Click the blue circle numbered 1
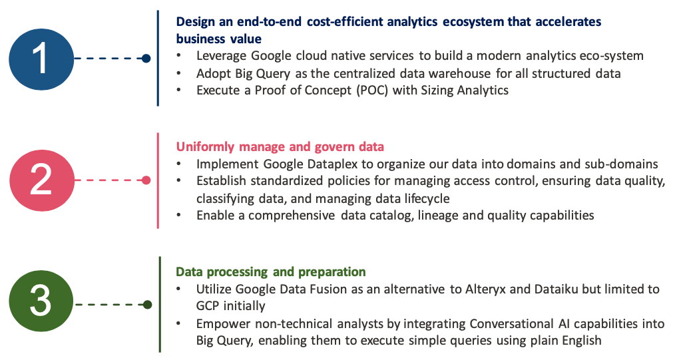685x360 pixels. (41, 59)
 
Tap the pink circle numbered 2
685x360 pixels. (42, 180)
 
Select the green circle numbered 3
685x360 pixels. (41, 301)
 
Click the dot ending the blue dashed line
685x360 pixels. (146, 58)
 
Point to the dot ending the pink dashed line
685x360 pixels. (146, 180)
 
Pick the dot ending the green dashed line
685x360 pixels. (147, 305)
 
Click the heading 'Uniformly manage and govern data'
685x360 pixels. (280, 147)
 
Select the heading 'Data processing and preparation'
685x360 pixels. (271, 271)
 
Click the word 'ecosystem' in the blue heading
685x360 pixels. (473, 22)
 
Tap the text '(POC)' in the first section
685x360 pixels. (372, 90)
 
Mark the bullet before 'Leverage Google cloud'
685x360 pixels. (178, 55)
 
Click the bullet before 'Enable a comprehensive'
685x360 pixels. (178, 215)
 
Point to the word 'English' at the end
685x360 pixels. (581, 341)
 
